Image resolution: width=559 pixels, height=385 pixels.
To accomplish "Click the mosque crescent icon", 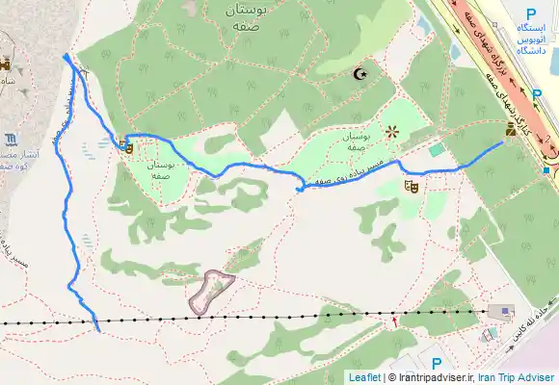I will pyautogui.click(x=362, y=74).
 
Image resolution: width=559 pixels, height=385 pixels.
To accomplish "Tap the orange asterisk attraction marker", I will pyautogui.click(x=391, y=132).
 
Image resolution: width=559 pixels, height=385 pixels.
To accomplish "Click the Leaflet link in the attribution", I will pyautogui.click(x=364, y=377).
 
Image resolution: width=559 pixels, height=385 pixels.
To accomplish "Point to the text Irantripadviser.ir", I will pyautogui.click(x=430, y=377).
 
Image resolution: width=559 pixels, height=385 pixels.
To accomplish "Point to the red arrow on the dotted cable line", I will pyautogui.click(x=394, y=320).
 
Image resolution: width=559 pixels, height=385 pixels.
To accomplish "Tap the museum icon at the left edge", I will pyautogui.click(x=8, y=138).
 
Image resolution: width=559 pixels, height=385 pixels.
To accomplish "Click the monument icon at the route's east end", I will pyautogui.click(x=511, y=129).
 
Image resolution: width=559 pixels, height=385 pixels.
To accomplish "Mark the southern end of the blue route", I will pyautogui.click(x=99, y=330).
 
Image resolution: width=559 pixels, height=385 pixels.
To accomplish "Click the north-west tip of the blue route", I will pyautogui.click(x=65, y=56).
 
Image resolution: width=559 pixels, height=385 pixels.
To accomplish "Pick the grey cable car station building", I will pyautogui.click(x=502, y=312).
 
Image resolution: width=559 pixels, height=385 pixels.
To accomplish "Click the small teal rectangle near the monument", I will pyautogui.click(x=438, y=149).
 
